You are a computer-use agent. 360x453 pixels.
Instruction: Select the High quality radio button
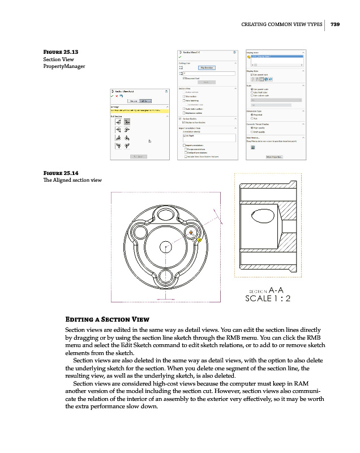tap(252, 127)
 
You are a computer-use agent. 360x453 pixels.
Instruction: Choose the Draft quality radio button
tap(252, 132)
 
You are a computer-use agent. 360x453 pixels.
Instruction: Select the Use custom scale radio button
tap(252, 96)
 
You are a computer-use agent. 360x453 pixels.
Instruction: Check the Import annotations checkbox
tap(181, 144)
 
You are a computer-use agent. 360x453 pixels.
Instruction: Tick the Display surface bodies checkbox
tap(181, 122)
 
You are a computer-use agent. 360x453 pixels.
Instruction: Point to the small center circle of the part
tap(165, 246)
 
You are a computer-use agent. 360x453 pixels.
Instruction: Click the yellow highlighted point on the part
tap(199, 240)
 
